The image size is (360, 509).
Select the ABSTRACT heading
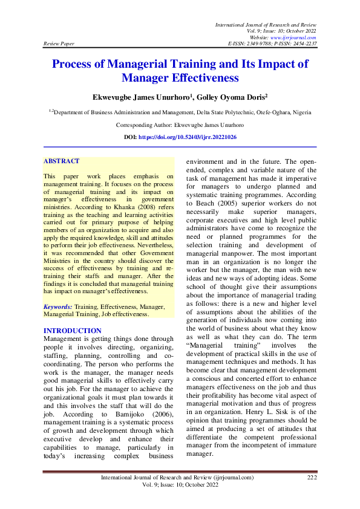tap(61, 161)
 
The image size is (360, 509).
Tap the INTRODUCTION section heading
tap(73, 331)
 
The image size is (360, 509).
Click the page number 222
tap(312, 477)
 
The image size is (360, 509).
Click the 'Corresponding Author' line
tap(180, 125)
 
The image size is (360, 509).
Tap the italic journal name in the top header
tap(266, 24)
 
